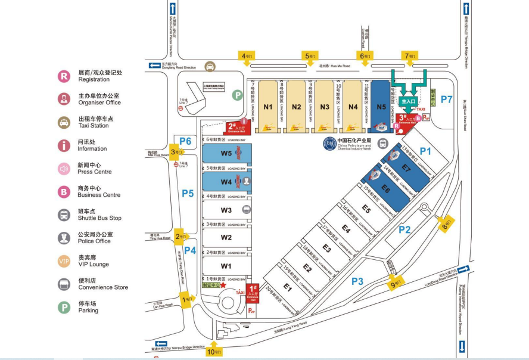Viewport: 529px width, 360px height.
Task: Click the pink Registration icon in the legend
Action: tap(64, 76)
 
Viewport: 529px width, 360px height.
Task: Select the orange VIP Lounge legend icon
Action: tap(64, 261)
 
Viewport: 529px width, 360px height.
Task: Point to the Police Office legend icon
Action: tap(64, 238)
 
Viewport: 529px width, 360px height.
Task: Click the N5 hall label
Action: tap(381, 107)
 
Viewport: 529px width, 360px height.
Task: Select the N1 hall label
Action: tap(268, 107)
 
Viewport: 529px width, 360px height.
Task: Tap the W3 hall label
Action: tap(226, 210)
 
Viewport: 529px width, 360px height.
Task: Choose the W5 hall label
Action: tap(226, 154)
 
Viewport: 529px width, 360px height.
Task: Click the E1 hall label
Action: tap(288, 287)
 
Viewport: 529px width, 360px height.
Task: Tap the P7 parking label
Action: tap(447, 98)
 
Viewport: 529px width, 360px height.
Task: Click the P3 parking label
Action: tap(357, 281)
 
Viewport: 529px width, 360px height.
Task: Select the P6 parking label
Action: tap(185, 141)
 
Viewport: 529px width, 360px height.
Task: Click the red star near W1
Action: tap(223, 285)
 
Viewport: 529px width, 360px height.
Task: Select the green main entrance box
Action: tap(408, 102)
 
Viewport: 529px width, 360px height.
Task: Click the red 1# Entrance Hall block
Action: tap(253, 294)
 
